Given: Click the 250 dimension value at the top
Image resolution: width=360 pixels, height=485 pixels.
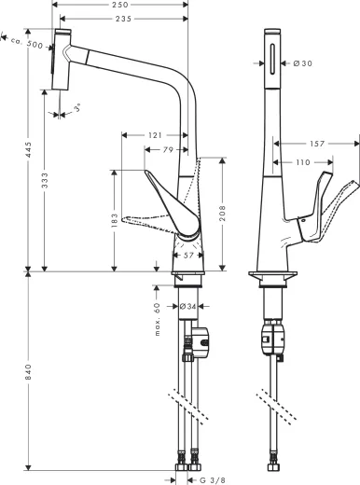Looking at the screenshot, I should (x=120, y=6).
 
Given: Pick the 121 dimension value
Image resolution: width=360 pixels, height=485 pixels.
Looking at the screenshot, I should (x=156, y=136).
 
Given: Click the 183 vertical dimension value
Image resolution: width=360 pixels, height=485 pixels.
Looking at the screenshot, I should (x=115, y=220).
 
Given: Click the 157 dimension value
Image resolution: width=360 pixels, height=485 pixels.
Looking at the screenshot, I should (x=315, y=145).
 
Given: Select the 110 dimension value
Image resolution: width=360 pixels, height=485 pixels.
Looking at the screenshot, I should (x=302, y=162).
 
